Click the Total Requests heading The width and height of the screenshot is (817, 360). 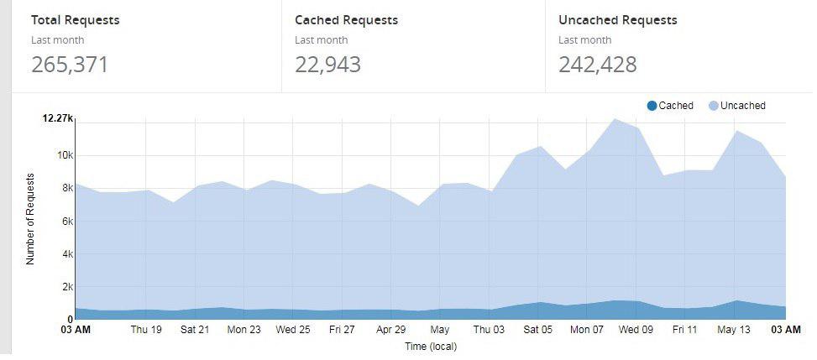point(76,20)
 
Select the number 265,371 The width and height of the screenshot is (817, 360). point(70,65)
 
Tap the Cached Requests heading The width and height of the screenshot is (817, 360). point(347,20)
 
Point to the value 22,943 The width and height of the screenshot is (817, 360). point(328,65)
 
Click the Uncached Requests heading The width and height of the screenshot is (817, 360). point(618,20)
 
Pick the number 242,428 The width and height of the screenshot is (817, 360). point(598,65)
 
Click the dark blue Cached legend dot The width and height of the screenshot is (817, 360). point(652,106)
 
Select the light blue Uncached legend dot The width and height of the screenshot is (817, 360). point(714,106)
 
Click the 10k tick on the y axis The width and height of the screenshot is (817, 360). point(65,155)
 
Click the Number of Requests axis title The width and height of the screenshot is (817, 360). point(30,218)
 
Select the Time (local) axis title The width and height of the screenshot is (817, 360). point(431,346)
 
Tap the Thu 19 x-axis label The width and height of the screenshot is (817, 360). point(146,330)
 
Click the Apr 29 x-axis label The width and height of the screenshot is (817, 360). point(391,330)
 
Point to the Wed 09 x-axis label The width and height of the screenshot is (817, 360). point(636,330)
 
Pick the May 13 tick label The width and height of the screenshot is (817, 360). point(734,330)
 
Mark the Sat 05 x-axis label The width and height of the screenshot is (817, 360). point(537,330)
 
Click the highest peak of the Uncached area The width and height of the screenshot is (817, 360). point(614,118)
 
